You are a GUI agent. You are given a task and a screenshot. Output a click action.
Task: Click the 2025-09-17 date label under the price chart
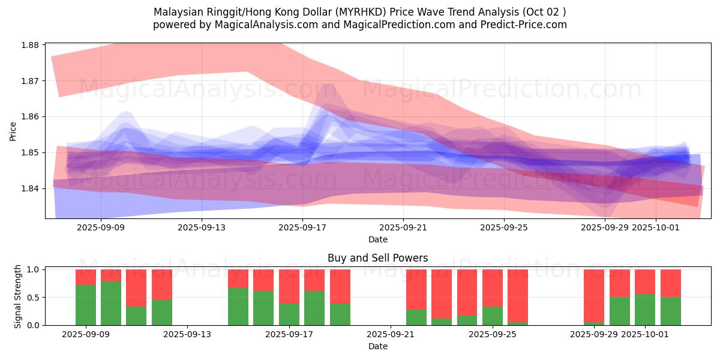[302, 227]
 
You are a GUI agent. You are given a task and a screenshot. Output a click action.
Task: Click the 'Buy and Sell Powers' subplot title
[377, 259]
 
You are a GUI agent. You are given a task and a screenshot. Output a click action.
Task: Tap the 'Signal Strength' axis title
[18, 296]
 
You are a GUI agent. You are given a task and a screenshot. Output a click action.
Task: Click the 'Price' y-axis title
[13, 131]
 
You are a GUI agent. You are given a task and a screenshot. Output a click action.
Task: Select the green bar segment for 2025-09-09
[86, 305]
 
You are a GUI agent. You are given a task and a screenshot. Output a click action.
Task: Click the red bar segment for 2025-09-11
[136, 288]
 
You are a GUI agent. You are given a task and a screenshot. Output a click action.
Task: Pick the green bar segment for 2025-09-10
[111, 303]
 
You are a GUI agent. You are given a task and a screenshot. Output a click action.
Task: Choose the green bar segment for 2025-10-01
[645, 310]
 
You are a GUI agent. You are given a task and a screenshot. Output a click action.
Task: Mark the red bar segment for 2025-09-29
[594, 296]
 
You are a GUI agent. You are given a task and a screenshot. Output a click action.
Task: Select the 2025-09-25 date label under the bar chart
[492, 334]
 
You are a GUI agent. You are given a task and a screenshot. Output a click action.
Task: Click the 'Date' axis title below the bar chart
[377, 346]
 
